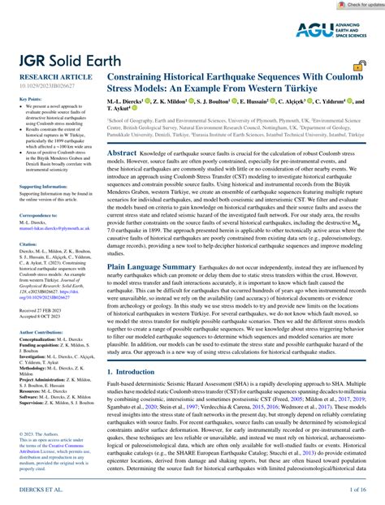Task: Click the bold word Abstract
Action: tap(121, 153)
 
